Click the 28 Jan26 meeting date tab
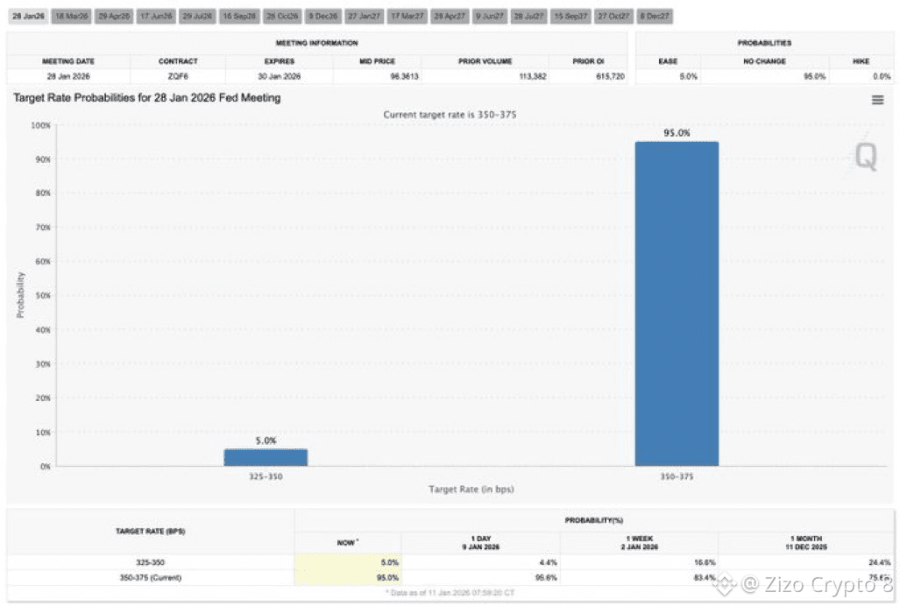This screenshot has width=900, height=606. point(27,17)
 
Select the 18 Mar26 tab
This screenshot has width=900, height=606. point(70,17)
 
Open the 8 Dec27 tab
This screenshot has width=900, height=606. point(655,17)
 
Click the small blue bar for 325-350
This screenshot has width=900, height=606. point(265,457)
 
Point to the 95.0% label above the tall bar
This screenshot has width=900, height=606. point(676,133)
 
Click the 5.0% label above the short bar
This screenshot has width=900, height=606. point(266,441)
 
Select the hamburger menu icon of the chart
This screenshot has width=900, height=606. point(877,101)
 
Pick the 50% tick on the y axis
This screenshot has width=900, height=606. point(40,295)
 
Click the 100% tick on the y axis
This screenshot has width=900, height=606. point(39,125)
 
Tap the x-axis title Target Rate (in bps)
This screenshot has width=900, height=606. point(471,490)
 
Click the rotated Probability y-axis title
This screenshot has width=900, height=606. point(20,295)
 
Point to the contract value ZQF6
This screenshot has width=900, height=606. point(178,77)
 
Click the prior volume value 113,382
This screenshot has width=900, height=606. point(532,77)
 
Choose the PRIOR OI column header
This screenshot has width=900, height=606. point(584,61)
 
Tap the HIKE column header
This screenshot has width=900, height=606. point(860,61)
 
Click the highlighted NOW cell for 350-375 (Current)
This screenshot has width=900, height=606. point(348,578)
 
